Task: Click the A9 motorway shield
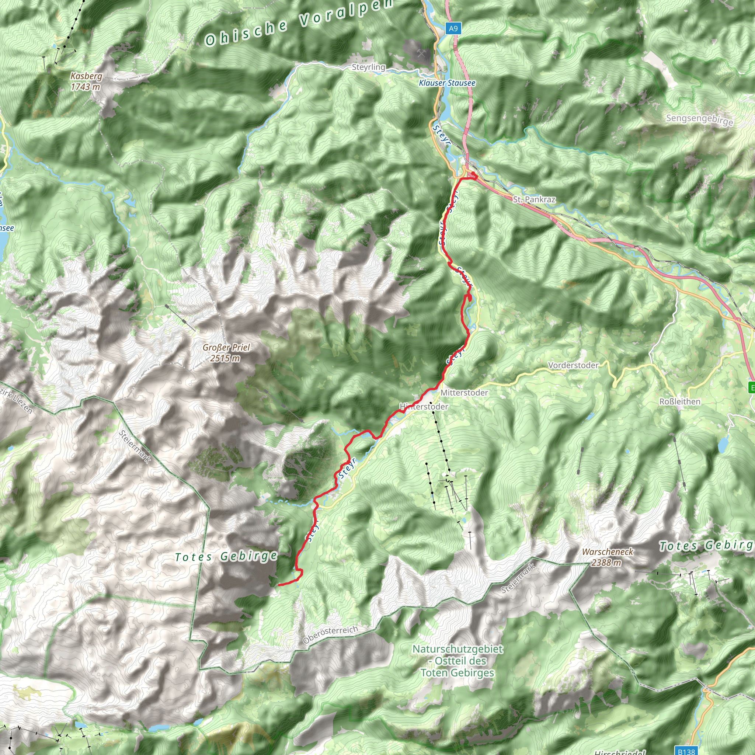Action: (453, 28)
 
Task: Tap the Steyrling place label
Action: (368, 67)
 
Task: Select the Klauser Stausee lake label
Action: (447, 83)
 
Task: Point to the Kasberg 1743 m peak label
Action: (86, 81)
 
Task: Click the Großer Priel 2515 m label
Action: (226, 352)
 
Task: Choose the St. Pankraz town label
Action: (534, 200)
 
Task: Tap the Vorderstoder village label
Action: (573, 365)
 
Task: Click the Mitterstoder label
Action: (464, 393)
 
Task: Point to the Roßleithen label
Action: (679, 402)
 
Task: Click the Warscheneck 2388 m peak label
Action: (607, 557)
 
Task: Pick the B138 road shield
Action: (686, 751)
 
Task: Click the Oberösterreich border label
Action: (330, 635)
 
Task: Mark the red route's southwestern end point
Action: (279, 585)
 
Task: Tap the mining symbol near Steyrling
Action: (421, 53)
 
